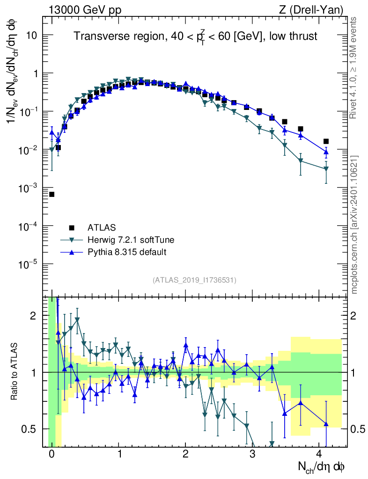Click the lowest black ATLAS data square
tap(52, 194)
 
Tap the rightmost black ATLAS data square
tap(326, 141)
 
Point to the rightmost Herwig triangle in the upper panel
tap(326, 169)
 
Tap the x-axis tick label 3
tap(252, 454)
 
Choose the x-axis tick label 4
tap(319, 454)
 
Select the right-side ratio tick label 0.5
tap(358, 429)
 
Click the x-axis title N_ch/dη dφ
tap(322, 467)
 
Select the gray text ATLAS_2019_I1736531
tap(194, 280)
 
